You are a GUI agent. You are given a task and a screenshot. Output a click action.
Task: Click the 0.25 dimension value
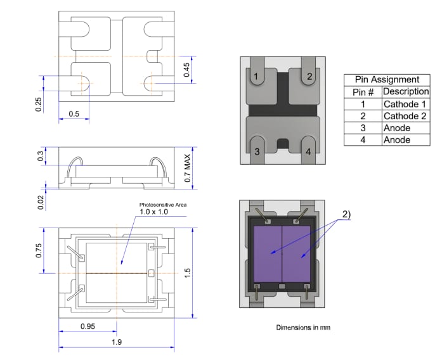click(x=39, y=105)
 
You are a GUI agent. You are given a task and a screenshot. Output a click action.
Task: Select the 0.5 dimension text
click(x=73, y=114)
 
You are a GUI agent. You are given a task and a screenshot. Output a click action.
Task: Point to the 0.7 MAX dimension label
click(x=187, y=167)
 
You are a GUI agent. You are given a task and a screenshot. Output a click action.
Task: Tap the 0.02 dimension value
click(x=40, y=202)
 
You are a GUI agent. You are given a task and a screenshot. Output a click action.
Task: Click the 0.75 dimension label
click(x=39, y=251)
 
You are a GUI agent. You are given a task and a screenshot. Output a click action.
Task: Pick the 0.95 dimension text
click(x=88, y=326)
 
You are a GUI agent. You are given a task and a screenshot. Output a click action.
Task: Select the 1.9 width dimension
click(x=116, y=342)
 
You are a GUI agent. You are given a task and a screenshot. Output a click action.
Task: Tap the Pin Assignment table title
click(x=386, y=80)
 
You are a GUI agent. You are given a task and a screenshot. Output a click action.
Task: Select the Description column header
click(x=406, y=92)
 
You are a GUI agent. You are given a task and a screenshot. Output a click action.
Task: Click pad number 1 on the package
click(x=256, y=77)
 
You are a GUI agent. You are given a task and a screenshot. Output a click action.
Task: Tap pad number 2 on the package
click(x=309, y=77)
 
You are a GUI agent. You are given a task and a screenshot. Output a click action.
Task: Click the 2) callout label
click(x=346, y=214)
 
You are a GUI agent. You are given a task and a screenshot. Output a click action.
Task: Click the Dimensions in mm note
click(x=303, y=328)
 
